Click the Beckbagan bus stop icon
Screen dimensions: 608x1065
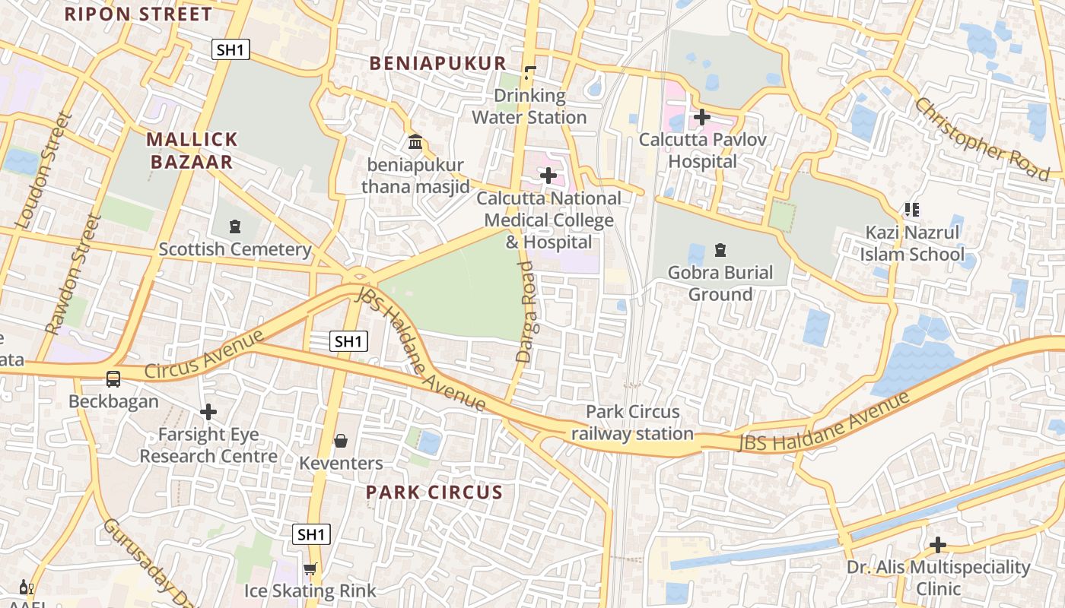coord(113,378)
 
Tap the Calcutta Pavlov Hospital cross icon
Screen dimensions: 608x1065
coord(701,117)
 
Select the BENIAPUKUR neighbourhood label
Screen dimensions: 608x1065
coord(438,63)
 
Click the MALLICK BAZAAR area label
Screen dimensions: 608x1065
coord(192,150)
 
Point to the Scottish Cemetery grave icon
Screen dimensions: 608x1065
coord(234,226)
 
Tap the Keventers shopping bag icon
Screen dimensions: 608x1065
coord(341,441)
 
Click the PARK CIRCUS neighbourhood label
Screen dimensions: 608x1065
coord(434,492)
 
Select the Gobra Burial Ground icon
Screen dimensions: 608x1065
coord(720,249)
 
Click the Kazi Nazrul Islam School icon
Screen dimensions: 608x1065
coord(911,209)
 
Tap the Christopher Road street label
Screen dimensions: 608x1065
coord(981,139)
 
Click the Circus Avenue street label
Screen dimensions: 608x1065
coord(203,355)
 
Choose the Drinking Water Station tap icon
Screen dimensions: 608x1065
coord(529,73)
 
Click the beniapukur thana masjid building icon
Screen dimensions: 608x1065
coord(415,141)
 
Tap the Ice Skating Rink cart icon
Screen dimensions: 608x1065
coord(310,568)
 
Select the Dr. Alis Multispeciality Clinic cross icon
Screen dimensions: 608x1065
coord(938,544)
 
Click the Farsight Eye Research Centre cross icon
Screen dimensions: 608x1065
coord(208,412)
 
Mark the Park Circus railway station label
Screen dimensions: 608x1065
coord(632,423)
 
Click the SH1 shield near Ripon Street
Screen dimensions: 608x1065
coord(230,50)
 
